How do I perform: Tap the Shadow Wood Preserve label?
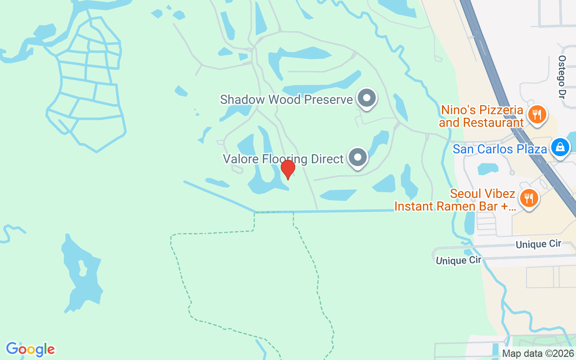[286, 99]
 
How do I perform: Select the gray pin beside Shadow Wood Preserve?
[367, 98]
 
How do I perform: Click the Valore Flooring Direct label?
[283, 159]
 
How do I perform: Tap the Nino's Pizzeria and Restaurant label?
[481, 116]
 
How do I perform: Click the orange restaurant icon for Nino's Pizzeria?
[536, 114]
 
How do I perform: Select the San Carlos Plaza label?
[499, 149]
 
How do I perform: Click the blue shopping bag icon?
[560, 147]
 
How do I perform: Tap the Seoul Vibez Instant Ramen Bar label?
[454, 200]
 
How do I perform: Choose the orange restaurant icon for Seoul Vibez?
[529, 198]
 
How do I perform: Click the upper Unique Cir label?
[538, 244]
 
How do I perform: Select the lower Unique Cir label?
[458, 260]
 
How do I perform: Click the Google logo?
[30, 349]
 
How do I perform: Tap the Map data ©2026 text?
[538, 353]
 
